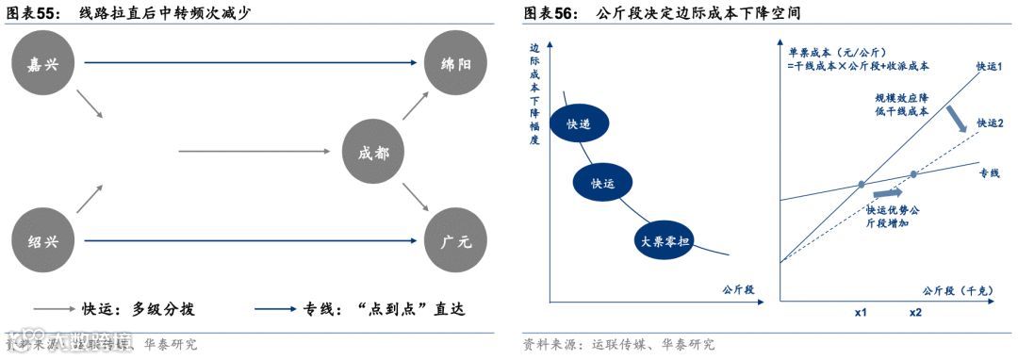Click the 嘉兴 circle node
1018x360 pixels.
click(39, 63)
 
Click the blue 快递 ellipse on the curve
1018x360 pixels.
click(577, 124)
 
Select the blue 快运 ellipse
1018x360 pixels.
click(602, 184)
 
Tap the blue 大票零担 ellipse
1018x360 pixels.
click(665, 240)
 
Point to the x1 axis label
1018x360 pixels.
click(861, 313)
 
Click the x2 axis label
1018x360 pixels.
click(915, 313)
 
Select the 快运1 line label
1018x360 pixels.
click(989, 65)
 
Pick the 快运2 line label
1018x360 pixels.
click(990, 123)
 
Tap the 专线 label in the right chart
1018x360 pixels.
click(989, 173)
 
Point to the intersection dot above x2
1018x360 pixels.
click(913, 174)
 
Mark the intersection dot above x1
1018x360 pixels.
click(862, 184)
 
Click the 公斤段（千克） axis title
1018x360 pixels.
click(954, 289)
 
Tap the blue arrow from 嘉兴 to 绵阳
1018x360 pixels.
click(250, 64)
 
